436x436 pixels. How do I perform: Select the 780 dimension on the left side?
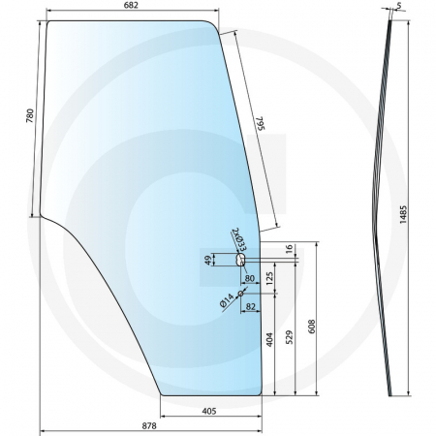(x=30, y=118)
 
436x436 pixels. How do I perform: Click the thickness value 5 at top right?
(x=398, y=7)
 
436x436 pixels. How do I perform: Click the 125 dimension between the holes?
(x=269, y=277)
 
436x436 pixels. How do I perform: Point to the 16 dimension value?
(x=289, y=250)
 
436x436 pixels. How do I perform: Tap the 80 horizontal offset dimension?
(x=250, y=279)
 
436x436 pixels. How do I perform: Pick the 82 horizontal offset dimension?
(x=251, y=306)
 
